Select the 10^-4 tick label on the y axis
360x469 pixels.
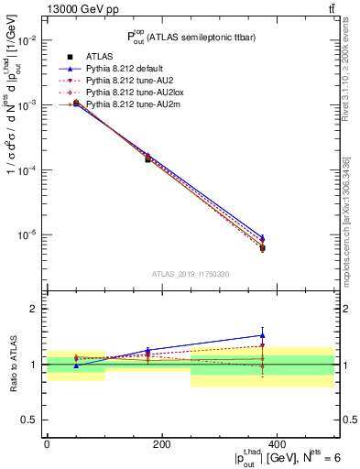click(27, 170)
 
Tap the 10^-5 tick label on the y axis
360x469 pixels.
click(27, 235)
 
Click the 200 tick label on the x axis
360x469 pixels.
click(162, 444)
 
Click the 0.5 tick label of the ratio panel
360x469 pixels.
click(30, 420)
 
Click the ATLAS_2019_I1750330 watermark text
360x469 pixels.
click(191, 274)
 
